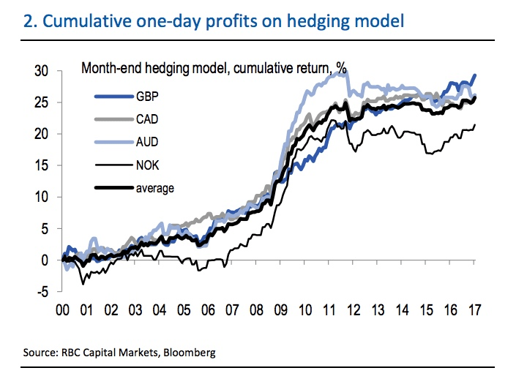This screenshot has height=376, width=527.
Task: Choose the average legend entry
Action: pos(154,188)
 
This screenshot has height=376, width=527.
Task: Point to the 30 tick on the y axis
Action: pos(42,71)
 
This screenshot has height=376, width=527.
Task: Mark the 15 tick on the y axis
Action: pos(42,165)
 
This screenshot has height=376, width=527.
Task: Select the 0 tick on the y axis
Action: pos(46,260)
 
